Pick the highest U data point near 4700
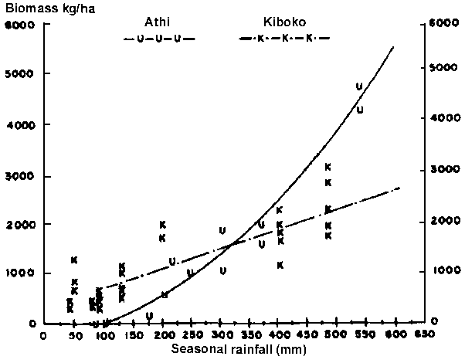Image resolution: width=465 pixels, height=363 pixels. click(359, 87)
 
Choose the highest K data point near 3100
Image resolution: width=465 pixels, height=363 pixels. click(328, 167)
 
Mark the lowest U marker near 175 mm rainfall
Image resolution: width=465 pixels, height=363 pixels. click(149, 315)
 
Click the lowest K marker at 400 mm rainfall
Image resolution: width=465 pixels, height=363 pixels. click(280, 265)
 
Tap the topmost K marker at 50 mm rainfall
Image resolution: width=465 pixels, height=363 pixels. click(74, 260)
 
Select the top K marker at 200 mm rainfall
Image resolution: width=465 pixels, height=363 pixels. click(163, 225)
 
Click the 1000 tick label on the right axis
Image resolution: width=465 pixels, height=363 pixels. click(439, 272)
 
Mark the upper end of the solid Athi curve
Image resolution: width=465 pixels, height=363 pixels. click(395, 46)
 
